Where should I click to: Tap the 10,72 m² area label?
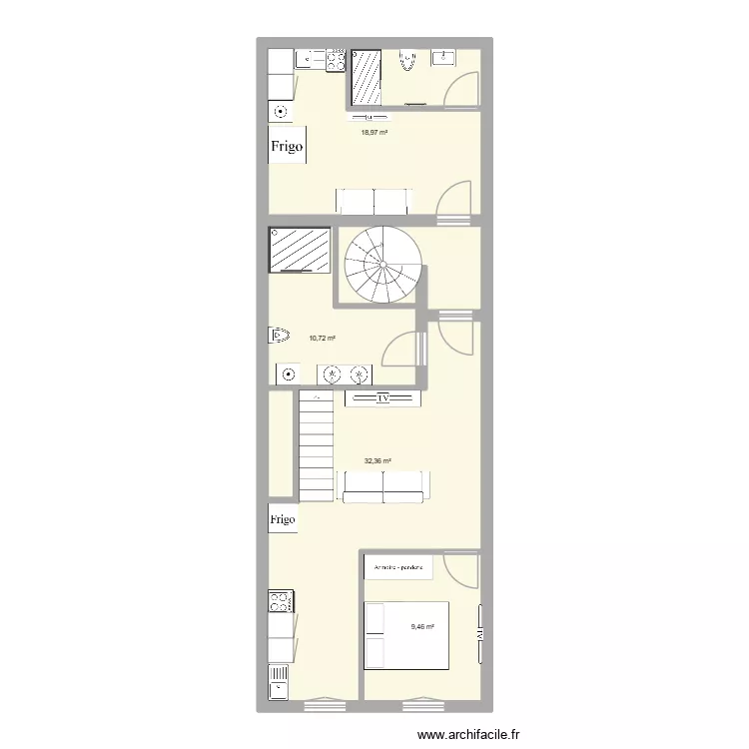(322, 338)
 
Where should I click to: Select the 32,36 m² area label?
(377, 461)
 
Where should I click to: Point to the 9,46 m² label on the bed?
(423, 627)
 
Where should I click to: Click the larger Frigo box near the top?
(287, 147)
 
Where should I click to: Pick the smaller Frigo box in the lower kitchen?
(283, 519)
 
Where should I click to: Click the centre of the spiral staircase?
(382, 265)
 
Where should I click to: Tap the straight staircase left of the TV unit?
(316, 444)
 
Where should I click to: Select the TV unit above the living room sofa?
(382, 398)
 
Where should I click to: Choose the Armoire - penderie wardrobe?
(398, 569)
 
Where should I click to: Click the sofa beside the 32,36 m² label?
(385, 485)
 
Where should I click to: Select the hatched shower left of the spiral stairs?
(300, 250)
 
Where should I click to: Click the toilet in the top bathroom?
(406, 62)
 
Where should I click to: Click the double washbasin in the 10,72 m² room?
(344, 374)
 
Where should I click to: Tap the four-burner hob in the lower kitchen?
(280, 602)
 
